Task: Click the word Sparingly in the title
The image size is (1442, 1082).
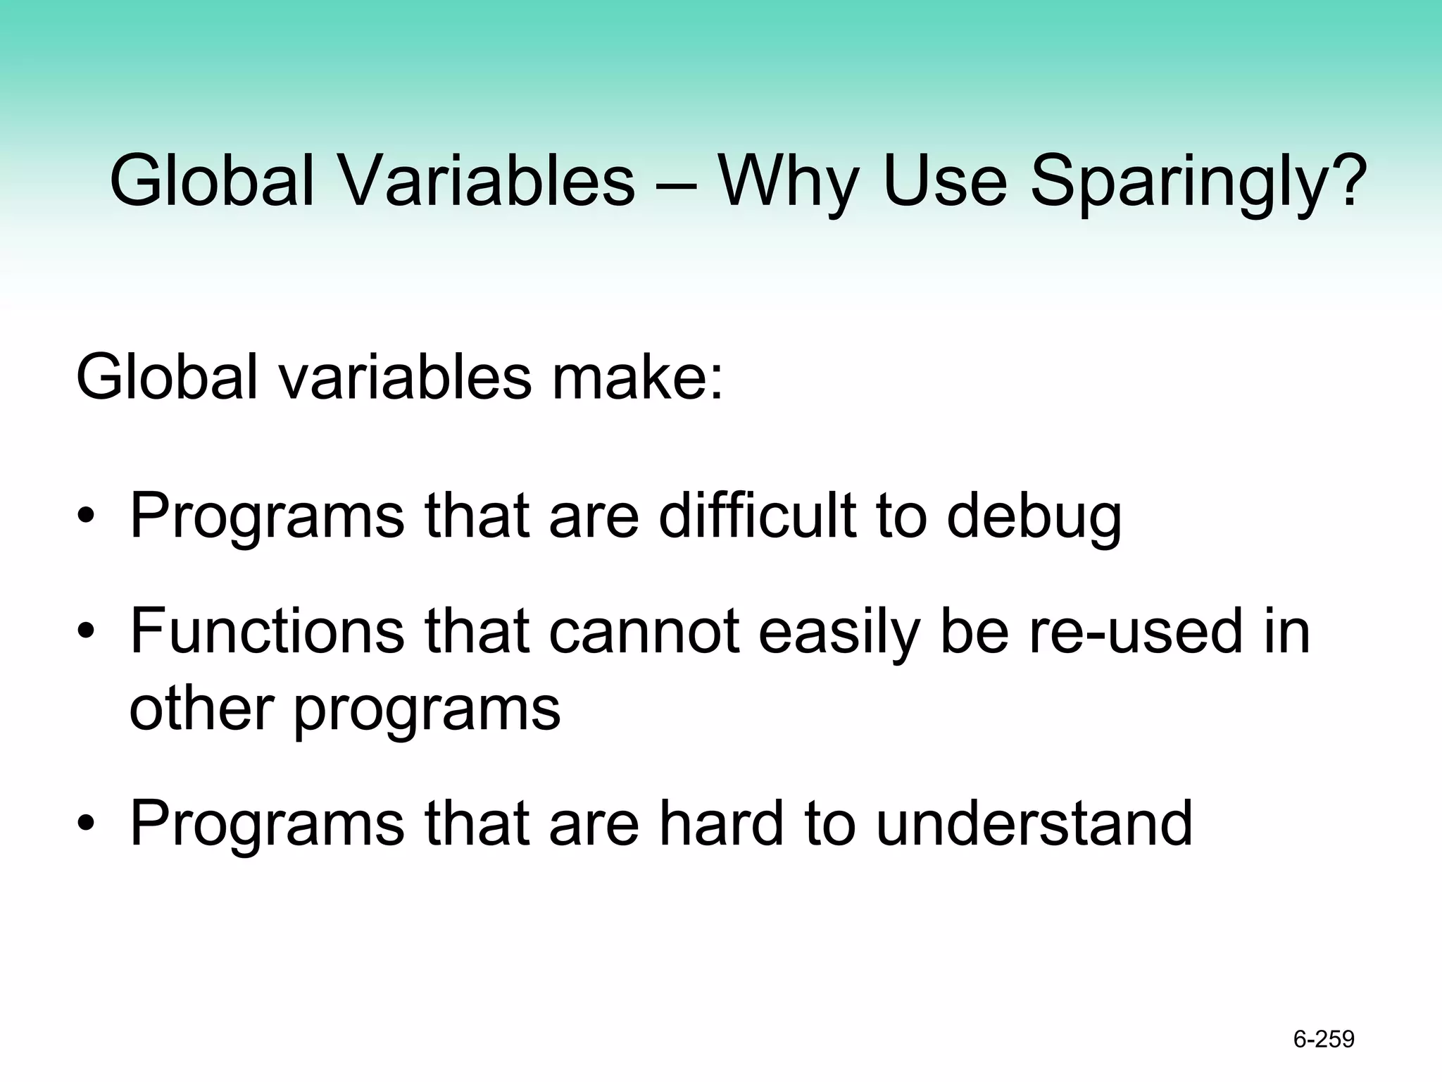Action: [x=1197, y=183]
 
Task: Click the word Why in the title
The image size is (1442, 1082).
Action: [x=788, y=183]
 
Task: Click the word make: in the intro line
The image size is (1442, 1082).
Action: [x=638, y=379]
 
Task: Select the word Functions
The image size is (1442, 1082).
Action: [x=268, y=631]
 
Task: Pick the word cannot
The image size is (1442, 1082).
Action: [x=644, y=631]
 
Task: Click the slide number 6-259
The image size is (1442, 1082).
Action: [x=1324, y=1039]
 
